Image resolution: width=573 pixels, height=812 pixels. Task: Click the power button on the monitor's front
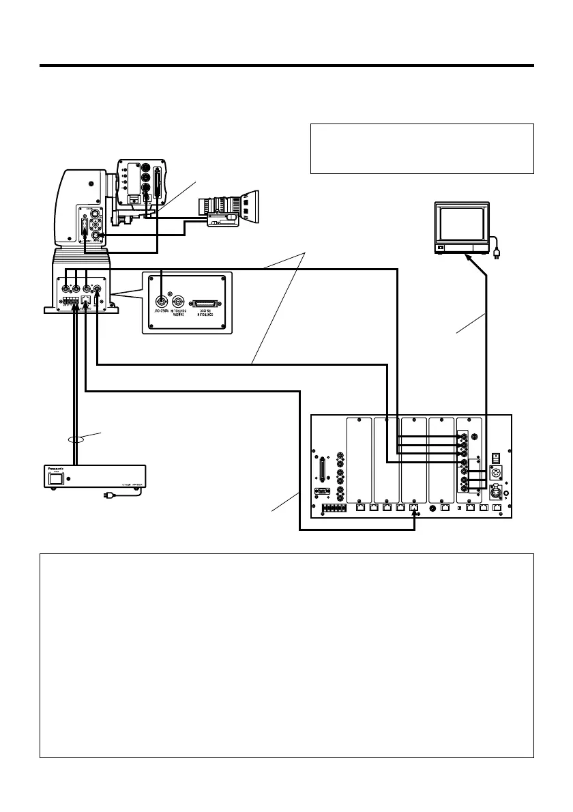(440, 247)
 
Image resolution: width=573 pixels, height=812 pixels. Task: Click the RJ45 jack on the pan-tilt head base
(86, 299)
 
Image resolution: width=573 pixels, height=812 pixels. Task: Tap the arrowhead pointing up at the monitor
(467, 258)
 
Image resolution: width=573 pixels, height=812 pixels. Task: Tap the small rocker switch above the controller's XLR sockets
(497, 456)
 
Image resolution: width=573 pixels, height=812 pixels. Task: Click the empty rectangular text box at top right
(422, 149)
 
